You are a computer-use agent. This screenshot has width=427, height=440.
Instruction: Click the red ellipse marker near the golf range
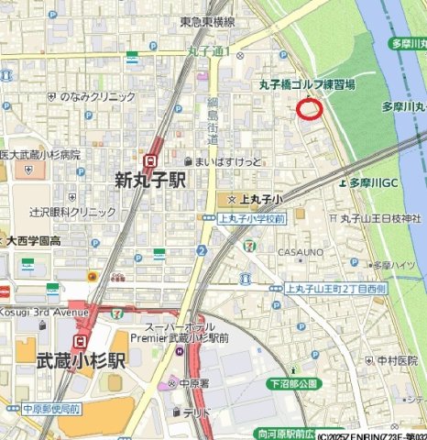[x=311, y=110]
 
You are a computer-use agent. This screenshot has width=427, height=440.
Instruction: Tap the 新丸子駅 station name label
[x=150, y=181]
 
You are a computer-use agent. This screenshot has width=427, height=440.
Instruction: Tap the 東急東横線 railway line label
[x=206, y=22]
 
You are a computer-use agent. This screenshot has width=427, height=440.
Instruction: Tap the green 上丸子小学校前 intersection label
[x=252, y=219]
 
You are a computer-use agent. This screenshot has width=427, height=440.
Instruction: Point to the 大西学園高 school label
[x=34, y=241]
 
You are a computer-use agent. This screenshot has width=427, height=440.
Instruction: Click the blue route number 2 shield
[x=201, y=250]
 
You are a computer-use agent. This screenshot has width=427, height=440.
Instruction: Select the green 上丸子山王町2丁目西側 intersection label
[x=335, y=288]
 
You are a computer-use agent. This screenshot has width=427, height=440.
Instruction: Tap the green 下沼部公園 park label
[x=292, y=380]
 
